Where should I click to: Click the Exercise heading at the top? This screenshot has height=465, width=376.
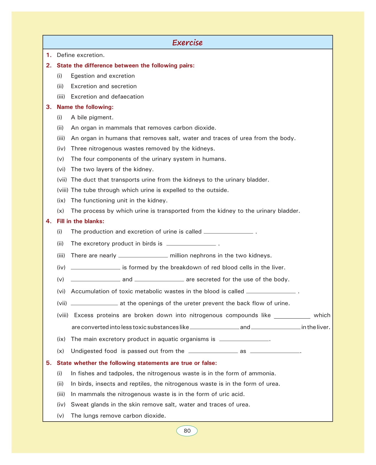pyautogui.click(x=187, y=43)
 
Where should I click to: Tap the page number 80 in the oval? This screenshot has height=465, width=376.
pyautogui.click(x=187, y=431)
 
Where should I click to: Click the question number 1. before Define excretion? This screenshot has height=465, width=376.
pyautogui.click(x=49, y=55)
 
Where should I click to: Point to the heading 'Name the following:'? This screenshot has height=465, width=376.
pyautogui.click(x=85, y=107)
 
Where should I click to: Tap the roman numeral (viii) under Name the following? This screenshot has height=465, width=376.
pyautogui.click(x=62, y=190)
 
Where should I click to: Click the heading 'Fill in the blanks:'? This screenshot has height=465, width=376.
pyautogui.click(x=80, y=221)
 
